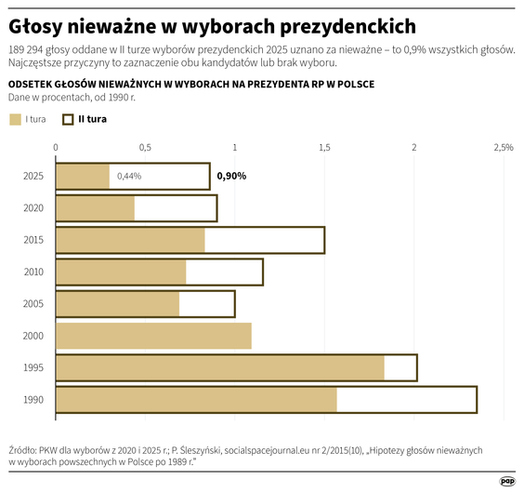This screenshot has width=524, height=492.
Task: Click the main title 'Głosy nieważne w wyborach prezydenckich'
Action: (212, 25)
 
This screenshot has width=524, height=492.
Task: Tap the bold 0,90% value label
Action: (231, 176)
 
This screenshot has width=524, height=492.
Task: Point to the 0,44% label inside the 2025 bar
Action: (129, 176)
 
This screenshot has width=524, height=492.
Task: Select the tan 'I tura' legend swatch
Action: (15, 119)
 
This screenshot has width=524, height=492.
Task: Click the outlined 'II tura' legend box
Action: (68, 119)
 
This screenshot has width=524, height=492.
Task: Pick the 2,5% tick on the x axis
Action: (503, 148)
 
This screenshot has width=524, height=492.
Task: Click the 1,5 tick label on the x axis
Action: (324, 148)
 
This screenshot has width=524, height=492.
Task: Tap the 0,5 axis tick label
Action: (145, 148)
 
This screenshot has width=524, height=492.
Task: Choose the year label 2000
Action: (33, 336)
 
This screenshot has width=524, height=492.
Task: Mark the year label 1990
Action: (33, 400)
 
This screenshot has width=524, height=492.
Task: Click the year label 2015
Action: (33, 240)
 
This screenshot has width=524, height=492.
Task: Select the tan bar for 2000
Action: (153, 336)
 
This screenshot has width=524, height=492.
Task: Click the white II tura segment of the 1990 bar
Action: (406, 400)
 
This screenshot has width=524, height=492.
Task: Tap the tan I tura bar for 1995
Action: (219, 367)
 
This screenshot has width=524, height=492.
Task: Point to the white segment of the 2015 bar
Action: (264, 240)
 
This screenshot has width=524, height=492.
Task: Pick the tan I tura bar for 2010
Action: (121, 272)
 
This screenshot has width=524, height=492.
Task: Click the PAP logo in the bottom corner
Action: (507, 480)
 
